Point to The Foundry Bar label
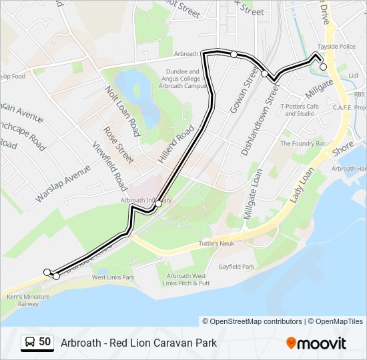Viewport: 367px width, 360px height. (x=302, y=143)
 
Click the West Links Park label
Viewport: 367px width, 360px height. (x=113, y=277)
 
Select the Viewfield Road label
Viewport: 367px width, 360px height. (x=110, y=167)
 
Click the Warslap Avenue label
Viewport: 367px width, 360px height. (x=63, y=183)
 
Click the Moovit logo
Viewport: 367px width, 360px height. (x=316, y=343)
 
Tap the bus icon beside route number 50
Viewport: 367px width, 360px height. (x=30, y=343)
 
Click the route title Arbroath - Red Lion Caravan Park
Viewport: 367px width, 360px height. (x=139, y=343)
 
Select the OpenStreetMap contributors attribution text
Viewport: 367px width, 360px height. (x=252, y=321)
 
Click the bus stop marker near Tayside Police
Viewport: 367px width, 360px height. (x=323, y=67)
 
